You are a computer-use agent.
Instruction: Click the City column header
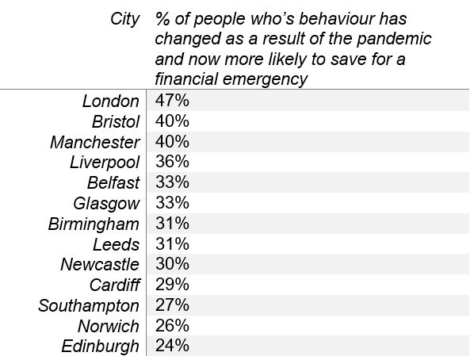pos(125,20)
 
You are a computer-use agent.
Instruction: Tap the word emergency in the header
pos(265,79)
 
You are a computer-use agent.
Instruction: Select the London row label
pos(111,101)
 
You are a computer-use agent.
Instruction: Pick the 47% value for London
pos(172,101)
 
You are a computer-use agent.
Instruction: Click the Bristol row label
pos(116,121)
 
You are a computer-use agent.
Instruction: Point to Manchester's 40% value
pos(172,142)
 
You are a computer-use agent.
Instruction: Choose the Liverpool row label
pos(105,163)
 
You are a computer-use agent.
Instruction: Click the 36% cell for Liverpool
pos(172,162)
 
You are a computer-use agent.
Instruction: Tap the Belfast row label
pos(113,183)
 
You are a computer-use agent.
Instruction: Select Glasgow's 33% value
pos(172,203)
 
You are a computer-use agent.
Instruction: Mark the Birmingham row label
pos(94,224)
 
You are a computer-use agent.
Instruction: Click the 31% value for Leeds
pos(172,243)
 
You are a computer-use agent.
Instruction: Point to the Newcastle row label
pos(100,265)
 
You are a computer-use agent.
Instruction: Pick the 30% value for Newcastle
pos(172,264)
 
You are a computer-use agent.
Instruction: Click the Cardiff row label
pos(115,285)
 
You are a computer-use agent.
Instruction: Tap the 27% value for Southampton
pos(172,305)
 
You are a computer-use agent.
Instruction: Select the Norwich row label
pos(109,327)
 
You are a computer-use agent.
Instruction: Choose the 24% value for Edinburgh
pos(172,346)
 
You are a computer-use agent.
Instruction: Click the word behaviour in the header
pos(337,19)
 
